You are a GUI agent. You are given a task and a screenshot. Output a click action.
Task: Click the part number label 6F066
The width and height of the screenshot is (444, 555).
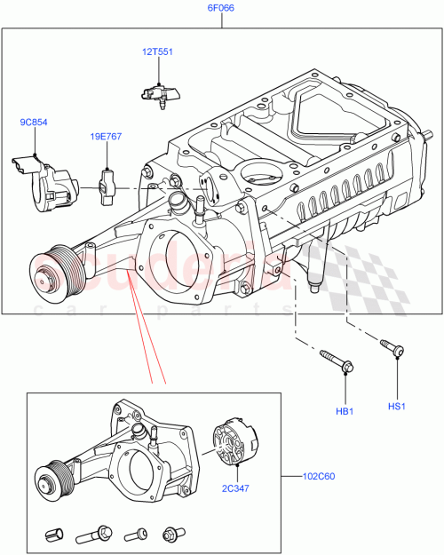(222, 9)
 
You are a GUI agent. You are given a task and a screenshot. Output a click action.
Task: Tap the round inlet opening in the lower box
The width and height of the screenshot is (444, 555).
(138, 469)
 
